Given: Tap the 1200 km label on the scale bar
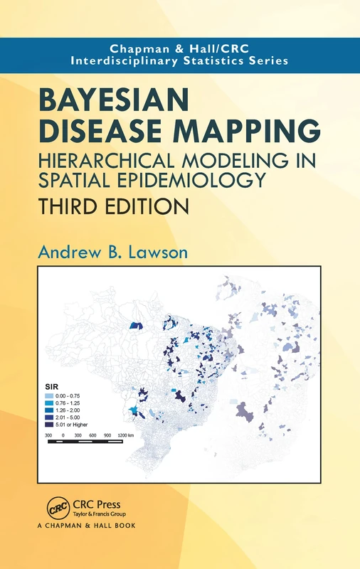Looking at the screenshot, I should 125,435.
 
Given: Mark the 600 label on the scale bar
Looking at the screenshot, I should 90,435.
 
